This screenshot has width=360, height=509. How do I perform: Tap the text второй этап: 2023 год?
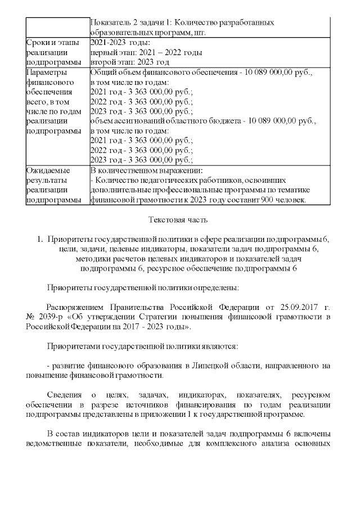(129, 62)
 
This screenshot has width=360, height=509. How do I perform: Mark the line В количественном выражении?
(146, 170)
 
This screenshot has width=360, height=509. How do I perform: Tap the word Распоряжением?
(76, 308)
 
